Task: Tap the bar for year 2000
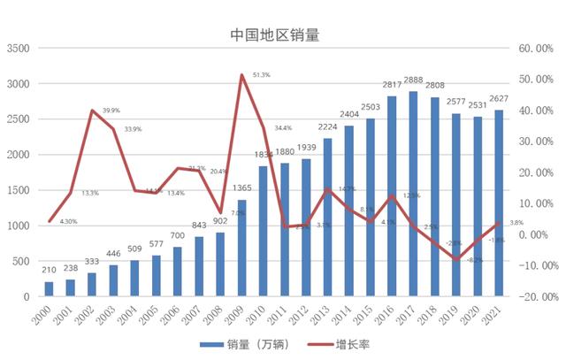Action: pos(50,288)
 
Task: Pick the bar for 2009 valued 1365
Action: pos(241,248)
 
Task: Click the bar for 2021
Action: pos(499,203)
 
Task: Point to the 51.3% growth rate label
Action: pos(261,75)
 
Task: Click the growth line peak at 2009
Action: pos(241,75)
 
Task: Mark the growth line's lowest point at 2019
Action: pos(456,259)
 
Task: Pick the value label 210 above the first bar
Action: pos(50,269)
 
